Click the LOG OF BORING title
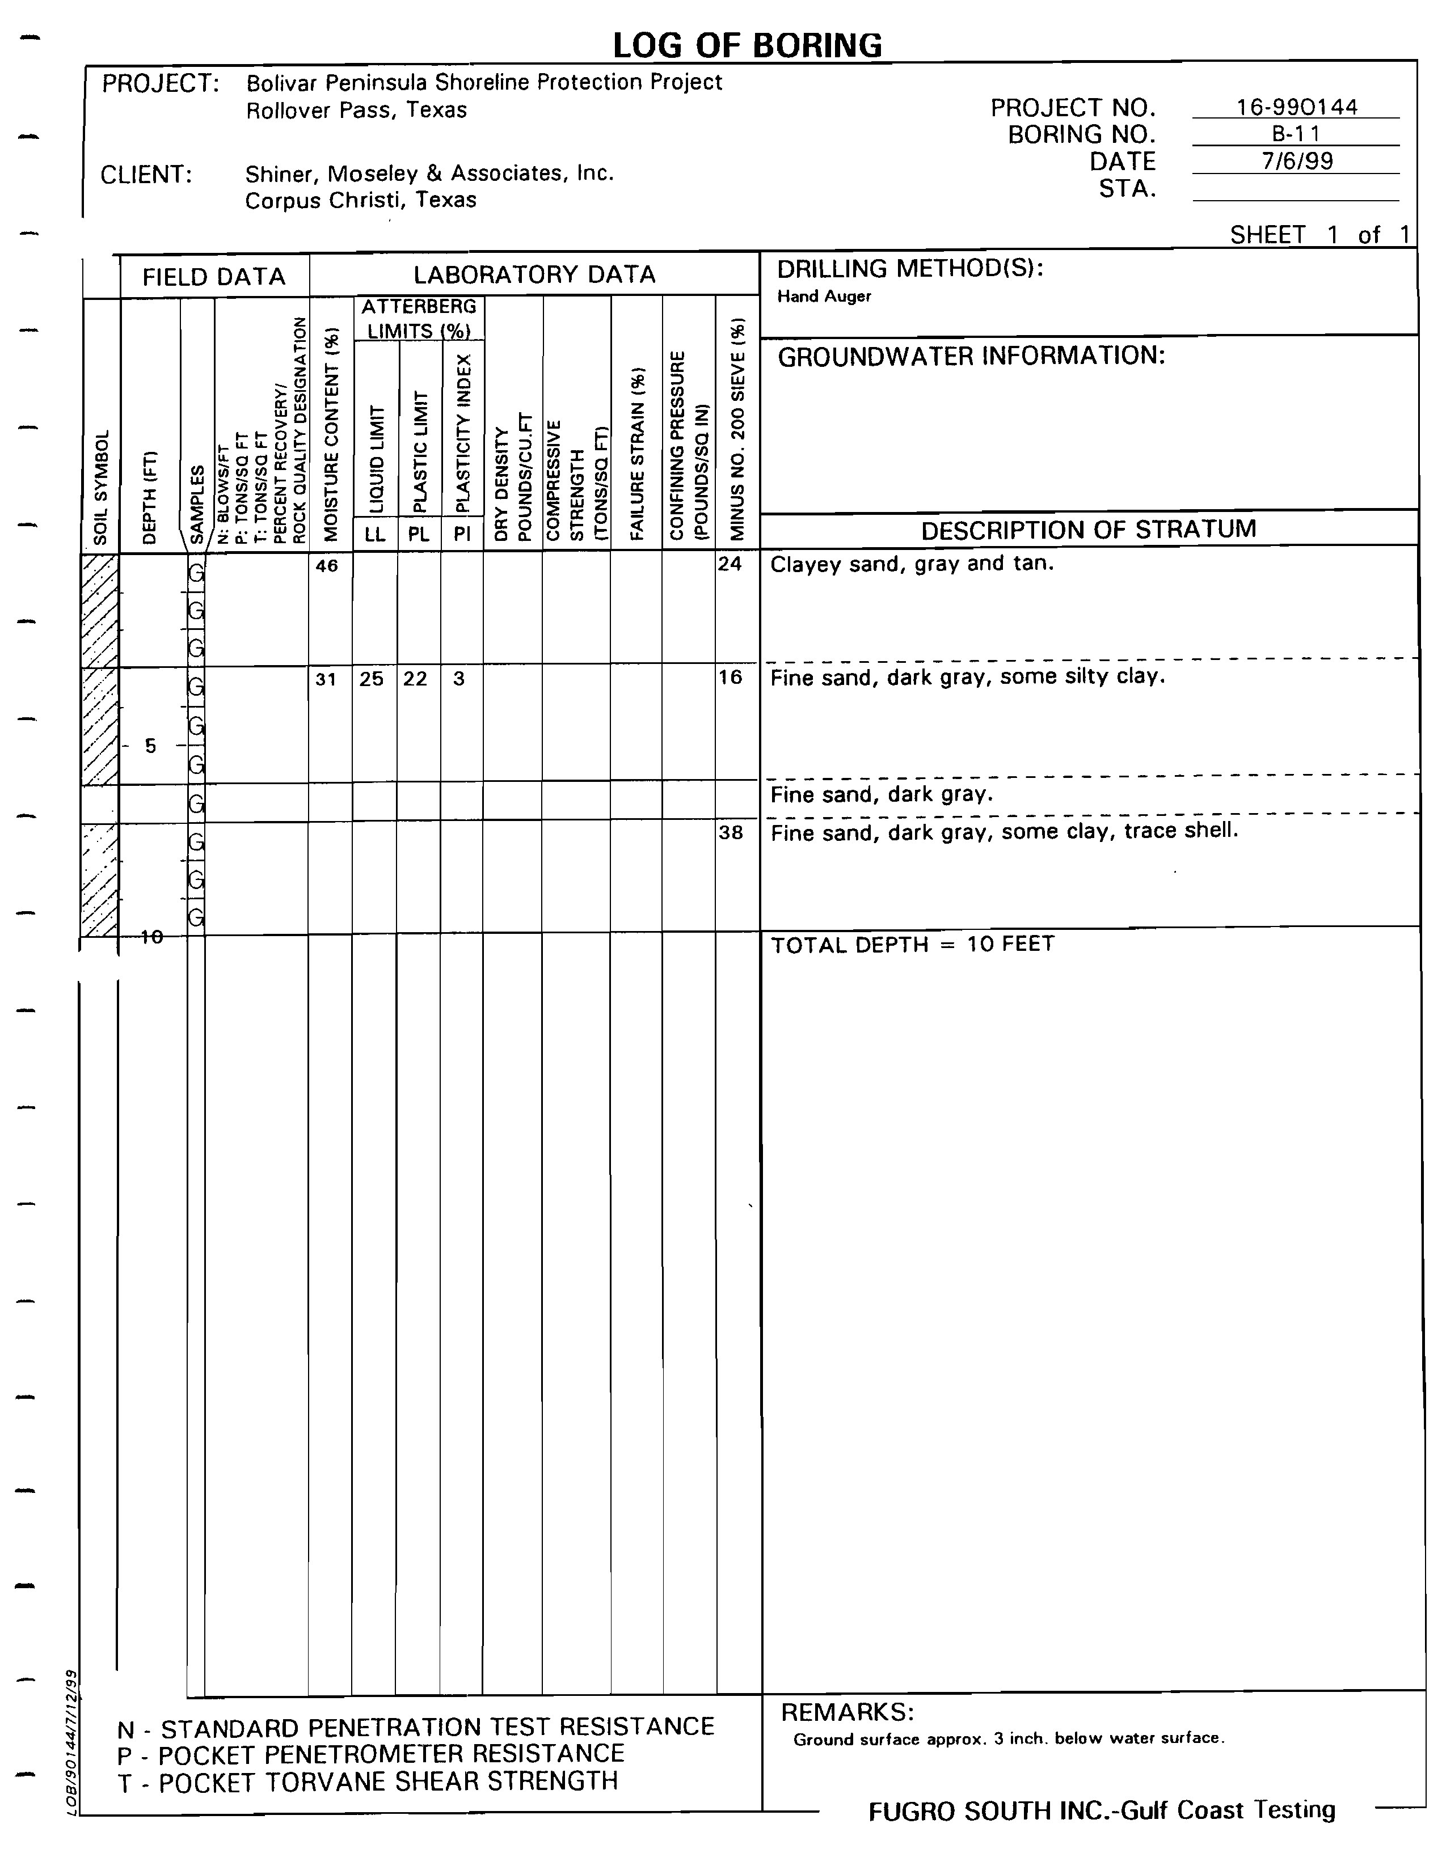(x=747, y=45)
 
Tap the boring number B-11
(x=1296, y=134)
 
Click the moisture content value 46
(x=327, y=565)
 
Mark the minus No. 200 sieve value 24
(x=730, y=564)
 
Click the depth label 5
(x=150, y=746)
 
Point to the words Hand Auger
(x=824, y=297)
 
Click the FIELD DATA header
(x=214, y=277)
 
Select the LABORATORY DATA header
(x=534, y=274)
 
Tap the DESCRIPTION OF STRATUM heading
(x=1088, y=529)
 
